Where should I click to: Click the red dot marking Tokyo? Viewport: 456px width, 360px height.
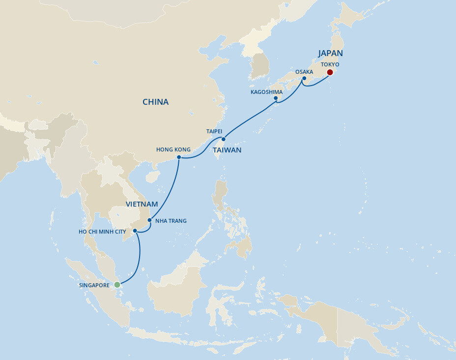pyautogui.click(x=330, y=72)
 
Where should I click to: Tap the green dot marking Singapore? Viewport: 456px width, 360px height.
pyautogui.click(x=117, y=284)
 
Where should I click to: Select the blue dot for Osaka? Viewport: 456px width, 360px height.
pyautogui.click(x=304, y=78)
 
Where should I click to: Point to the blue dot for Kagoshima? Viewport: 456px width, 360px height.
pyautogui.click(x=276, y=98)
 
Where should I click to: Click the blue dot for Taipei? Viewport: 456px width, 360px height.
pyautogui.click(x=224, y=139)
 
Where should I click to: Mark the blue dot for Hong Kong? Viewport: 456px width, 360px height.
pyautogui.click(x=179, y=157)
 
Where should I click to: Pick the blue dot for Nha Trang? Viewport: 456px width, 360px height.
pyautogui.click(x=149, y=220)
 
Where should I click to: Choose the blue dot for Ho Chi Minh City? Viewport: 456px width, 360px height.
pyautogui.click(x=135, y=231)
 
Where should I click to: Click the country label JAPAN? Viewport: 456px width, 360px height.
pyautogui.click(x=330, y=54)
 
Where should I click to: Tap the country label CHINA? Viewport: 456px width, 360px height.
pyautogui.click(x=155, y=102)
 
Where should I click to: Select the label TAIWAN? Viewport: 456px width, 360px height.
pyautogui.click(x=227, y=150)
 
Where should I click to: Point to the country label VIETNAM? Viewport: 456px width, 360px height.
pyautogui.click(x=142, y=204)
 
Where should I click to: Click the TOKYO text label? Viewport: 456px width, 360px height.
pyautogui.click(x=330, y=64)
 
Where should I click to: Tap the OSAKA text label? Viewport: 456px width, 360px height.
pyautogui.click(x=304, y=72)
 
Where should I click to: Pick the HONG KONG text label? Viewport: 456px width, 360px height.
pyautogui.click(x=173, y=149)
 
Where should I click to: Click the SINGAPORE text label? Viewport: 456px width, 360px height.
pyautogui.click(x=94, y=285)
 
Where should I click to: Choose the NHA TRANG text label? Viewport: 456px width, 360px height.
pyautogui.click(x=171, y=221)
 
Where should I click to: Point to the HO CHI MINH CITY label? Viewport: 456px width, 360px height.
pyautogui.click(x=102, y=231)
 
